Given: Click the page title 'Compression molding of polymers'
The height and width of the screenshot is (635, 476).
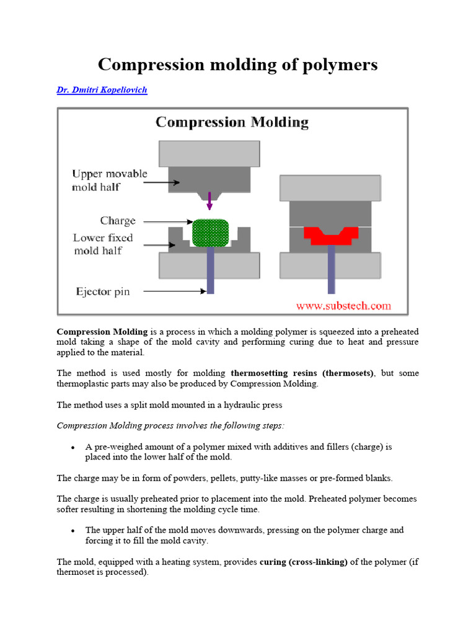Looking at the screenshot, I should click(237, 64).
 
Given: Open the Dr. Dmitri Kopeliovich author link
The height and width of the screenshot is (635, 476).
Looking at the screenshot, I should click(102, 90).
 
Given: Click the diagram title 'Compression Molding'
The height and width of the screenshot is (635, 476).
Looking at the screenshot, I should click(232, 122).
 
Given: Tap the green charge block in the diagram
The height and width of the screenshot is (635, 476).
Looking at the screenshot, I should click(211, 234).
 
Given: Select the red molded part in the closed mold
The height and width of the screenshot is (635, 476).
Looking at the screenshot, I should click(331, 236).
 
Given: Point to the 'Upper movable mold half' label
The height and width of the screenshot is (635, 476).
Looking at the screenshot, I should click(109, 180).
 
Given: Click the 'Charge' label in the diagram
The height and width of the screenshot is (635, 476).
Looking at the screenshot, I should click(118, 221).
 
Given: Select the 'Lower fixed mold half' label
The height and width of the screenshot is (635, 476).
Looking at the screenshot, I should click(103, 244).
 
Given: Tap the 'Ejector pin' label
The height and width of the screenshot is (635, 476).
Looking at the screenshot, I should click(103, 291).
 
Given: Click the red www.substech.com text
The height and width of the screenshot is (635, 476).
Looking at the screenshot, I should click(343, 305).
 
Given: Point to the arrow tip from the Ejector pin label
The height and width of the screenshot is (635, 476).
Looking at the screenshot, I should click(204, 291).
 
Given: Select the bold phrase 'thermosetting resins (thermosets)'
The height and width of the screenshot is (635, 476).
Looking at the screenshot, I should click(302, 373).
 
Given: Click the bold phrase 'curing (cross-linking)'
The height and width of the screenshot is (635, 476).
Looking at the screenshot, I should click(304, 562).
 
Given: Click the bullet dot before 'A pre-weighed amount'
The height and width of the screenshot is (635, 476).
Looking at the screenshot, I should click(73, 447).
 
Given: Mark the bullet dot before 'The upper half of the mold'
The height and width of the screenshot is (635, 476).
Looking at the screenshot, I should click(73, 531).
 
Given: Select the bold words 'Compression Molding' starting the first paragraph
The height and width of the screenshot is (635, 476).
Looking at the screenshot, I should click(102, 331).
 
